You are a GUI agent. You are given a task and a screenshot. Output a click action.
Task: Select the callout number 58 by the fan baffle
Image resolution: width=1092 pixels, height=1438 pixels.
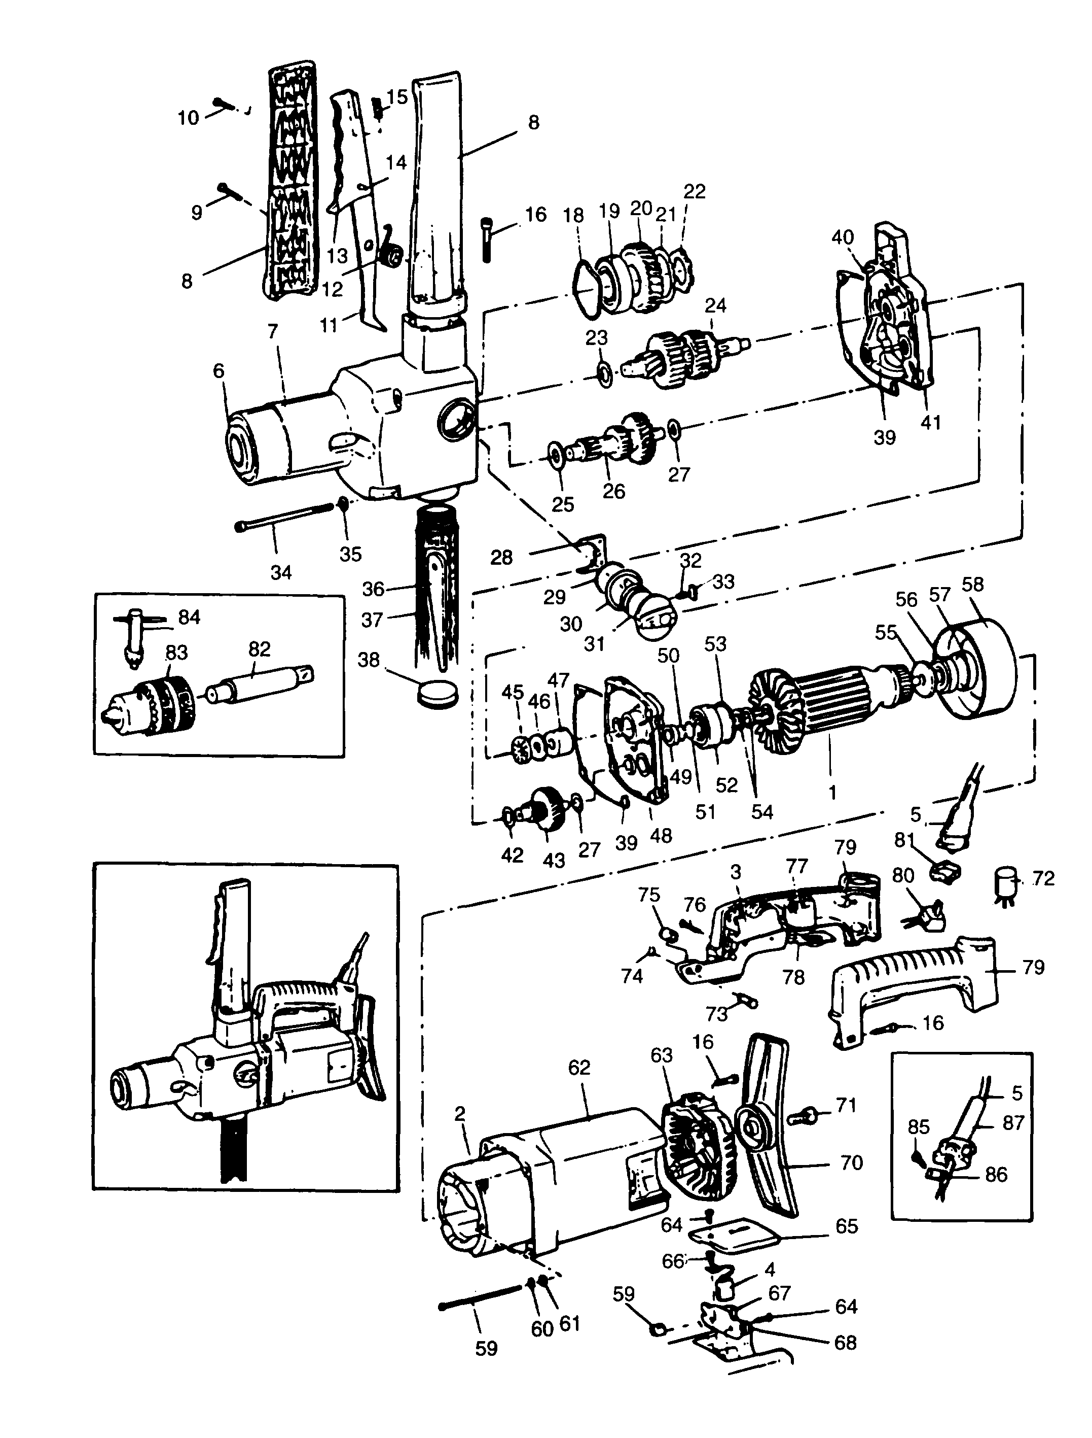pos(972,584)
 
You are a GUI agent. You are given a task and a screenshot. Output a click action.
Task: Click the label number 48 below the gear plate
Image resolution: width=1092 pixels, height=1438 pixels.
pos(661,835)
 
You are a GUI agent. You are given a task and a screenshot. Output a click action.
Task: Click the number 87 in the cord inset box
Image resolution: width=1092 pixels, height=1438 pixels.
pos(1013,1122)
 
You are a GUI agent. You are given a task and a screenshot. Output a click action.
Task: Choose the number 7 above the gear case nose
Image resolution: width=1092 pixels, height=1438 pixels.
pos(272,332)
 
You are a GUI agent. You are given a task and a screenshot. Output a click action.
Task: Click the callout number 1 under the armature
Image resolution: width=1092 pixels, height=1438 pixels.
pos(832,792)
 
